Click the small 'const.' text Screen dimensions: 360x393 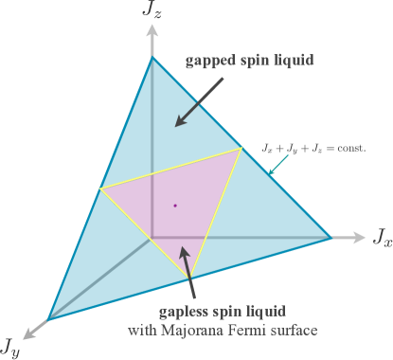[x=348, y=150]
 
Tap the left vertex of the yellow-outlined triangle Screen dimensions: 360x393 [x=100, y=189]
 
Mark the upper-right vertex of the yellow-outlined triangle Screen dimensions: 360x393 [x=241, y=149]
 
